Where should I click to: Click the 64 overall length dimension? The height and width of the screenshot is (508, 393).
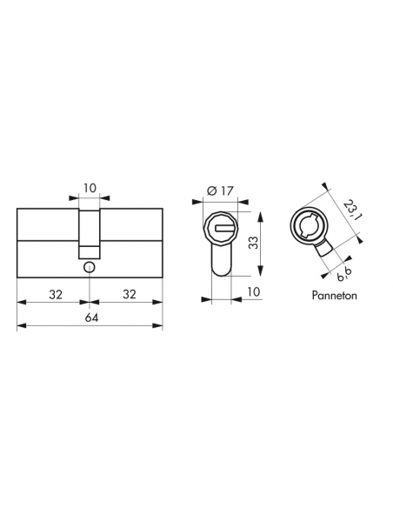(x=91, y=317)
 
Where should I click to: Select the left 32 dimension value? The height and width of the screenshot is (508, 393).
(x=56, y=295)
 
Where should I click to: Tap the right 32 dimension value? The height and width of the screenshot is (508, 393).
(x=130, y=295)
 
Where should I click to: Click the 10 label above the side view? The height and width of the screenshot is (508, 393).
(x=90, y=188)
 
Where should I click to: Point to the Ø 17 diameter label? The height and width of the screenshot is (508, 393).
(x=220, y=190)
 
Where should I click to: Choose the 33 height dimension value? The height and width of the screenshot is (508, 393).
(x=255, y=243)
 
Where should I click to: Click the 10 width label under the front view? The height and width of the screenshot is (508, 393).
(x=254, y=292)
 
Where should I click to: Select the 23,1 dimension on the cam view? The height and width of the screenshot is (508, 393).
(x=351, y=211)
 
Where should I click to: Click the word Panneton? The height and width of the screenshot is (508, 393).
(x=335, y=296)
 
